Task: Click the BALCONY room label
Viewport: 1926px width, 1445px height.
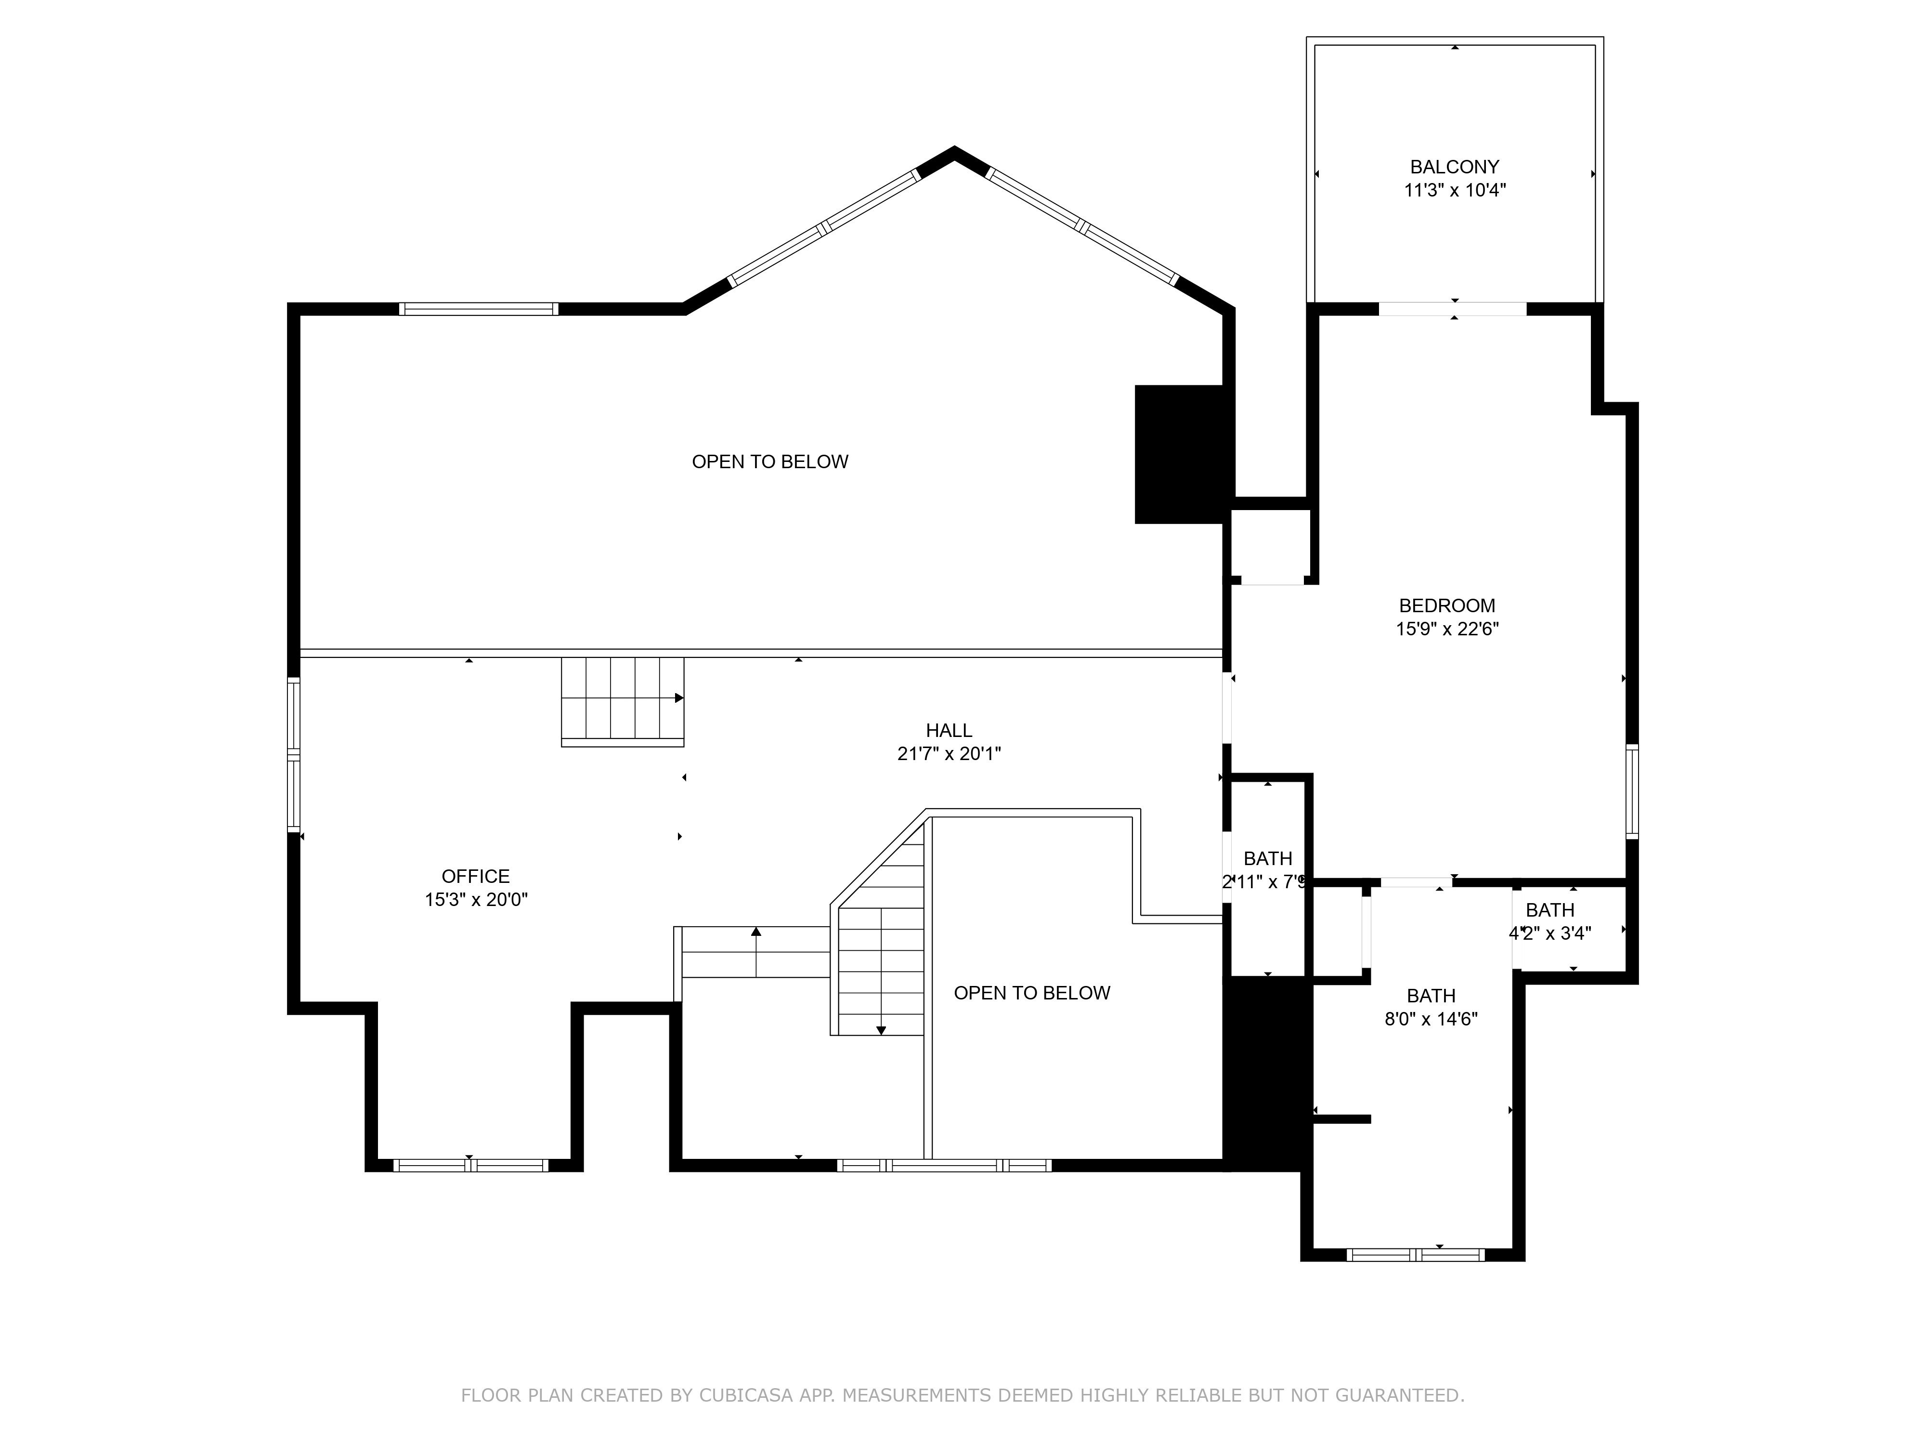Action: (x=1454, y=166)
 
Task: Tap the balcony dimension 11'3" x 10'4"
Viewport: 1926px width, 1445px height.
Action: (x=1454, y=190)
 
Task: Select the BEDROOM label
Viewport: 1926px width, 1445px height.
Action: (x=1446, y=605)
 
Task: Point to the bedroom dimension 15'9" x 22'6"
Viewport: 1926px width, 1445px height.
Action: (x=1446, y=629)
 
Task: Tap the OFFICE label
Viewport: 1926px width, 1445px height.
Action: (x=475, y=876)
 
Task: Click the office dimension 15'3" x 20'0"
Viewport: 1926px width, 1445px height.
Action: (x=475, y=900)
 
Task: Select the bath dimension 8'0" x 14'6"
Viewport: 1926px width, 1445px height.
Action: (x=1431, y=1019)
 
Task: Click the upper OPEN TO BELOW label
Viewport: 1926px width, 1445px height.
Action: (x=770, y=461)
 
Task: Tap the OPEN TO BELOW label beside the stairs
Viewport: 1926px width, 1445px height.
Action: (x=1032, y=993)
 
